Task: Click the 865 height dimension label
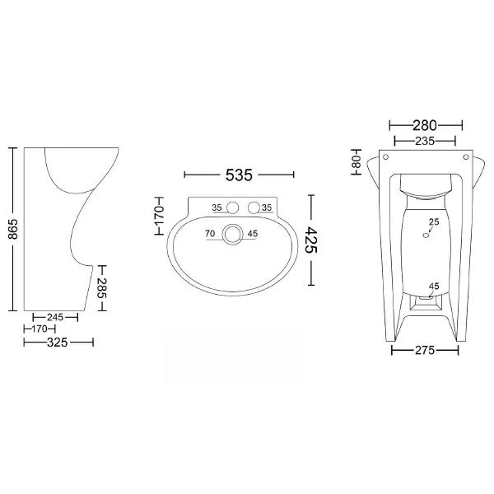pos(13,229)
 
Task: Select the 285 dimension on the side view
pos(102,288)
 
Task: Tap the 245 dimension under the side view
pos(55,317)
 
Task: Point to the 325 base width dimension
pos(58,343)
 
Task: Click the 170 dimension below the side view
pos(40,329)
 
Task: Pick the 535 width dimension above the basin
pos(239,175)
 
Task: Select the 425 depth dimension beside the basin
pos(311,240)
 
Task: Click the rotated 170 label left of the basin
pos(160,216)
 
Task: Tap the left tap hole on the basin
pos(232,207)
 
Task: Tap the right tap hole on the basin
pos(254,207)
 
